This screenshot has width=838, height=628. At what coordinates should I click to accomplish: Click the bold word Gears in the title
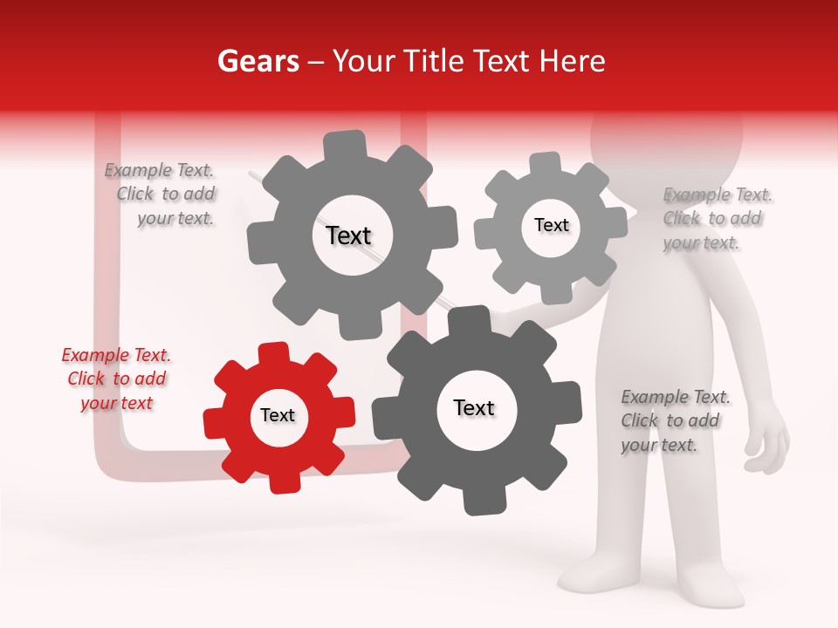click(258, 61)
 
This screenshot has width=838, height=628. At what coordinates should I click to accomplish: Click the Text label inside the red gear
click(278, 416)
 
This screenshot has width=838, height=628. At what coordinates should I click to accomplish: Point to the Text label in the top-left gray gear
click(348, 235)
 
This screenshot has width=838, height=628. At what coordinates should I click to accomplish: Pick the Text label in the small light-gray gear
click(551, 225)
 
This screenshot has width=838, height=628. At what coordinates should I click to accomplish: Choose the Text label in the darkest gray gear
click(474, 408)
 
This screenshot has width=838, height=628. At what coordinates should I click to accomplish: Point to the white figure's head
click(668, 131)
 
